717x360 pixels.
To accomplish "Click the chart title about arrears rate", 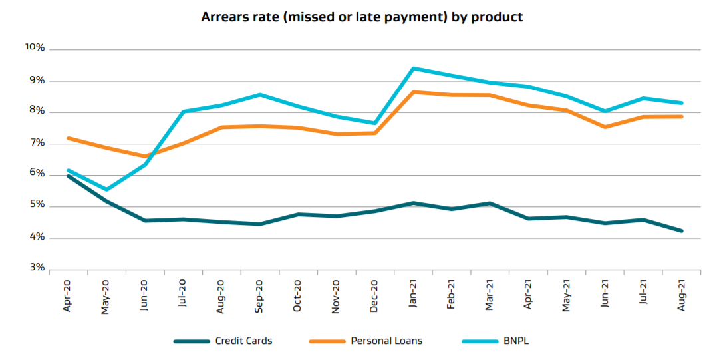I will point(362,17).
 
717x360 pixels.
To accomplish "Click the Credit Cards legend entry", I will point(243,341).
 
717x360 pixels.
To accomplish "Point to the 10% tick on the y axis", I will point(35,49).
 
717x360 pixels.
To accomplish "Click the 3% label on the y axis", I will point(37,268).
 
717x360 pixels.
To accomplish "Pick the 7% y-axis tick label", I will point(37,143).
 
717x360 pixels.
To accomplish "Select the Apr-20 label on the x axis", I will point(68,296).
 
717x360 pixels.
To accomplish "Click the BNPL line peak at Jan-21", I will point(413,68).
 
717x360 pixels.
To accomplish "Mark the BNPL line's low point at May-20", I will point(106,190).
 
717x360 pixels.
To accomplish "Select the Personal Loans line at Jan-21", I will point(414,92).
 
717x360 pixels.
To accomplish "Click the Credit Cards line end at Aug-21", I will point(682,231).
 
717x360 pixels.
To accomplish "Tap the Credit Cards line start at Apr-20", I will point(68,176).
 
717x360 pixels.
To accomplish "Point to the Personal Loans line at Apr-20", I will point(68,138).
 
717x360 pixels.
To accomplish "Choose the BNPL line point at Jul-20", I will point(183,112).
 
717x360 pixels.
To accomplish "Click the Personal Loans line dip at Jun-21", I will point(605,126).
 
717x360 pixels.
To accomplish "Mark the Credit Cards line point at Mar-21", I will point(490,203).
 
